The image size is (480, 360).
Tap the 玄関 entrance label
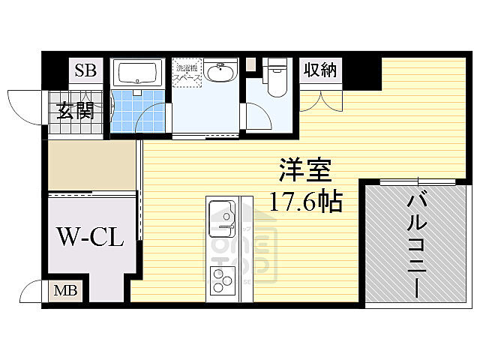click(x=73, y=112)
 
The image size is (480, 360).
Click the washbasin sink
click(x=220, y=73)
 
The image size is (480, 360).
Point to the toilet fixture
click(x=277, y=79)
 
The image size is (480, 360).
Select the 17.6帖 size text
click(x=307, y=201)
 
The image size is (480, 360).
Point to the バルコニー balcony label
click(x=415, y=245)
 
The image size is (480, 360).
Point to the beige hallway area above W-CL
click(x=90, y=165)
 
